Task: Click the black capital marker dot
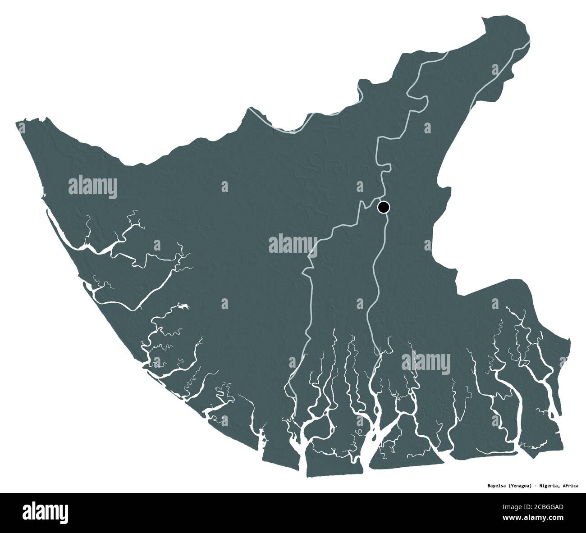click(383, 207)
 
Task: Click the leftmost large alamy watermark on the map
click(93, 187)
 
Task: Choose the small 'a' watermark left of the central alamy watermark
click(157, 245)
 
